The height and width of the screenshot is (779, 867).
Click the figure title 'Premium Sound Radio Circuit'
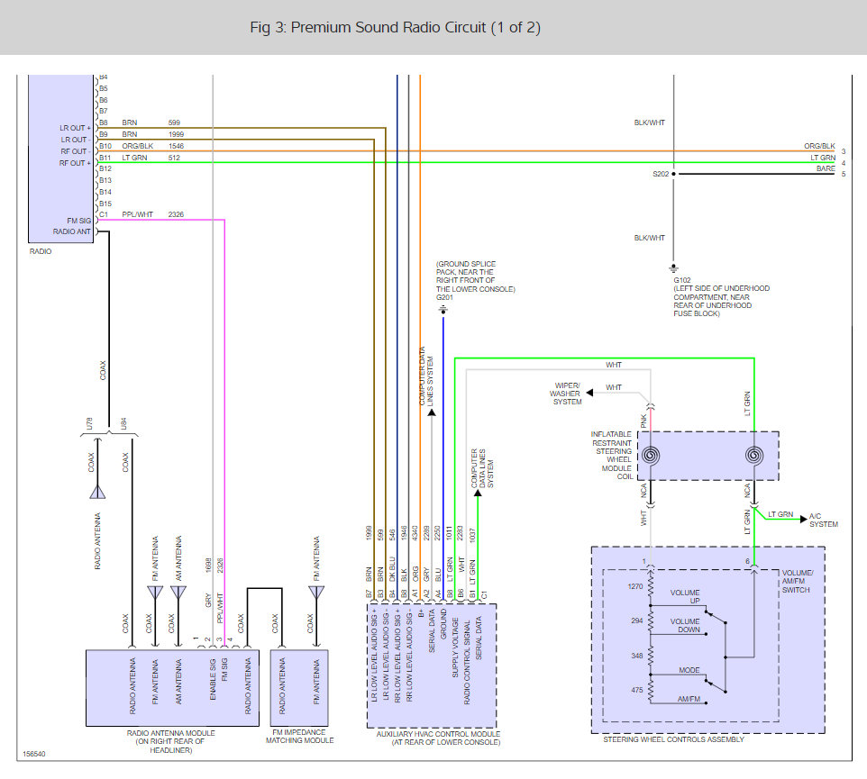tap(388, 28)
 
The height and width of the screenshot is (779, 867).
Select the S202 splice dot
tap(673, 174)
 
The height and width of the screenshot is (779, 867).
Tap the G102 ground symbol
tap(673, 268)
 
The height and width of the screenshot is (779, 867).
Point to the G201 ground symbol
tap(443, 310)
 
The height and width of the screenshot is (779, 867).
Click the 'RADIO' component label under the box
tap(41, 251)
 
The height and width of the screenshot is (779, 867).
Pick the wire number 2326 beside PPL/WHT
tap(176, 214)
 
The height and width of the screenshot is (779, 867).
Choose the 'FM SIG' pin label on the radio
tap(79, 221)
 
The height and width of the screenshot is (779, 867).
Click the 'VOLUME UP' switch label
tap(685, 597)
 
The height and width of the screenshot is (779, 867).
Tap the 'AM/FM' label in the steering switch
tap(689, 699)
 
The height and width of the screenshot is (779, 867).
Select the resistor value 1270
tap(635, 586)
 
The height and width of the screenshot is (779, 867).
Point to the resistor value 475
tap(637, 690)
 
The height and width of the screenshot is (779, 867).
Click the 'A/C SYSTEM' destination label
tap(824, 520)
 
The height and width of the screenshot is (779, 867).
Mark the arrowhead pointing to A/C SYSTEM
tap(804, 520)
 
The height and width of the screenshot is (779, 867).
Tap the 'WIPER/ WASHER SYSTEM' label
tap(566, 394)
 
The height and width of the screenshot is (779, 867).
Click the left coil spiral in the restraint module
tap(651, 456)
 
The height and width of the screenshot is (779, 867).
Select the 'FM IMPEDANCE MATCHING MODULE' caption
tap(300, 736)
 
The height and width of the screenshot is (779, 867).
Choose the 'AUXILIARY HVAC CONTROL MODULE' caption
tap(439, 738)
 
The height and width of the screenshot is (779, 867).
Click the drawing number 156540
tap(34, 754)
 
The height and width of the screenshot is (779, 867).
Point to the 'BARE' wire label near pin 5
tap(826, 168)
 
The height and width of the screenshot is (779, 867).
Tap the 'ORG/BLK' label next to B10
tap(138, 146)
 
